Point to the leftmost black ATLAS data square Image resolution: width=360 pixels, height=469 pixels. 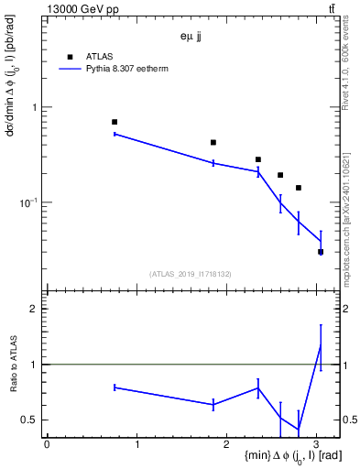click(115, 122)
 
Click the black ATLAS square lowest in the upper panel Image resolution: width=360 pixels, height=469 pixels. click(321, 252)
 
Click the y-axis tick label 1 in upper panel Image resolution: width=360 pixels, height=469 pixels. click(36, 107)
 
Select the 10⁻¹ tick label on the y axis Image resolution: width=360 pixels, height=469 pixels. click(29, 202)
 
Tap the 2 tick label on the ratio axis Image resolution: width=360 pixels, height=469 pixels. click(35, 309)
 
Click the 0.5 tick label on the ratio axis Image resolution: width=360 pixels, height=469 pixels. click(30, 420)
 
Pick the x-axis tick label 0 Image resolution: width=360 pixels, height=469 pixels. click(47, 444)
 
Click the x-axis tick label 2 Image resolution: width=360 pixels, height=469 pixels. click(227, 444)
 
